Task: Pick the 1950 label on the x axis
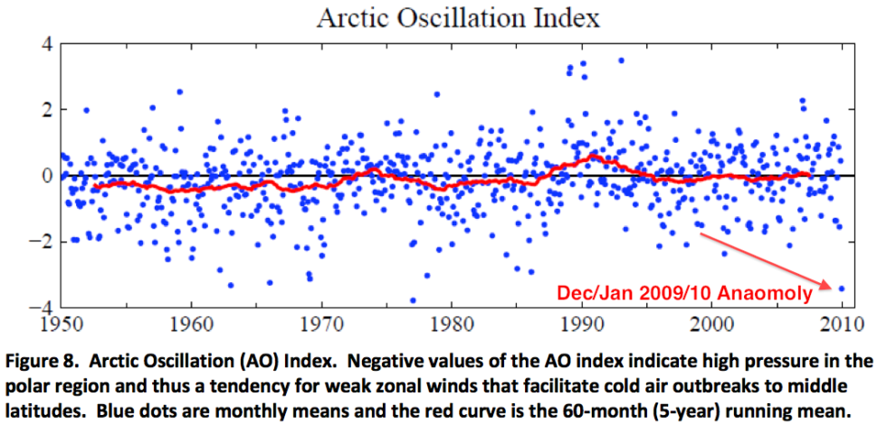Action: [61, 321]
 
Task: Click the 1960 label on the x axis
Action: [191, 321]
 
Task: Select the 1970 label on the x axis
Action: [321, 321]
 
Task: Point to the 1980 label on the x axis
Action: [452, 321]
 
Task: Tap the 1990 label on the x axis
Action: [582, 321]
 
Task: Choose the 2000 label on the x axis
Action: [712, 321]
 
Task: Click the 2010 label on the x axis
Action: [842, 321]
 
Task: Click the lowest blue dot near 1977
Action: [413, 300]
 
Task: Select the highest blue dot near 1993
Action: [621, 61]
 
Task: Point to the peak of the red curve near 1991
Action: [594, 156]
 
